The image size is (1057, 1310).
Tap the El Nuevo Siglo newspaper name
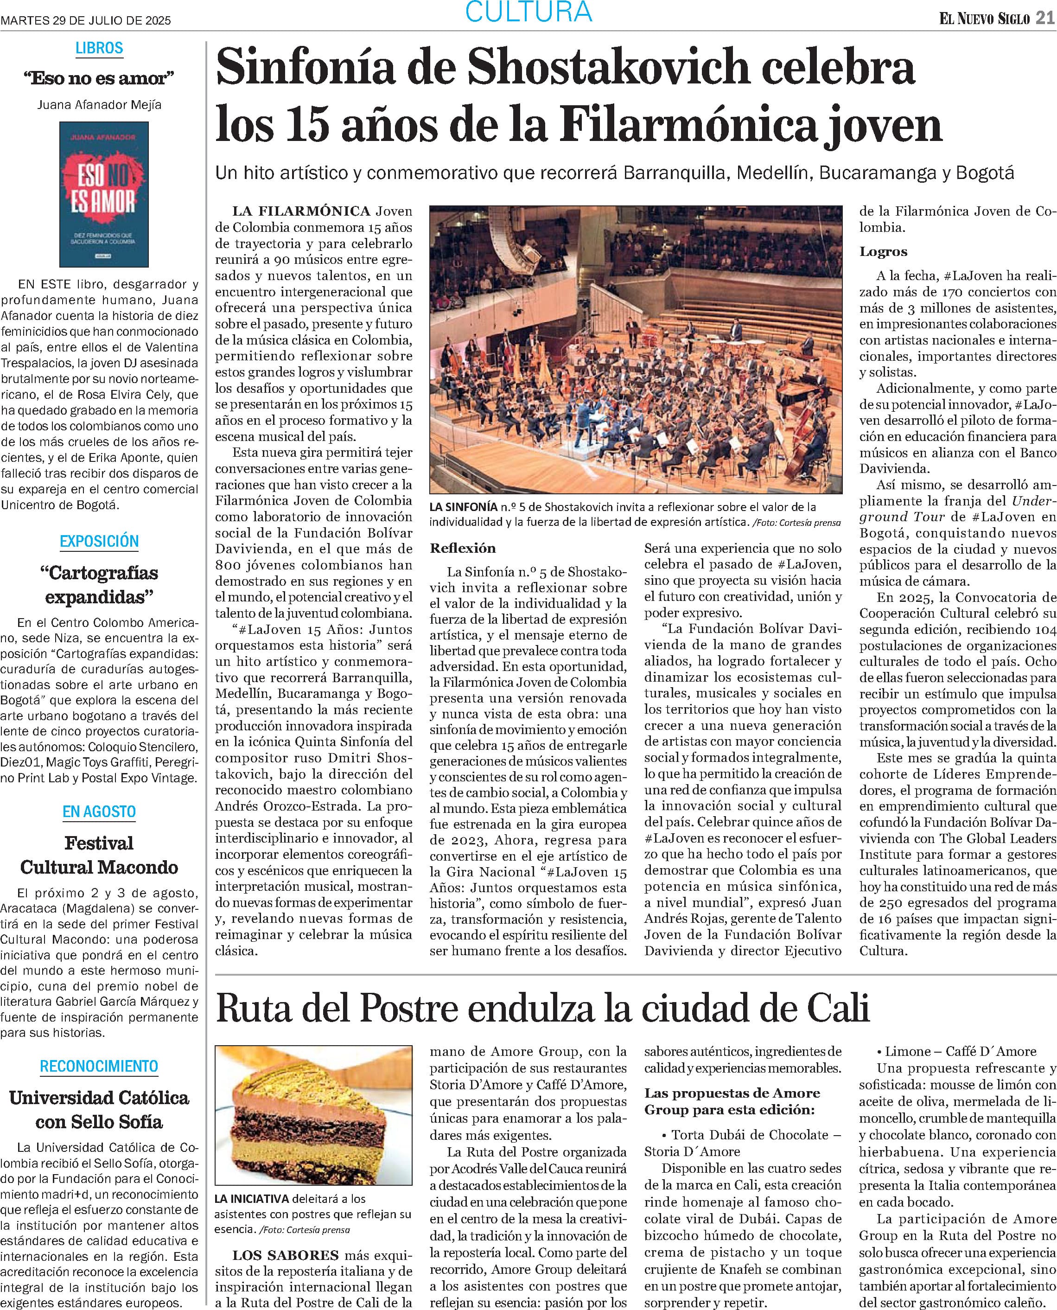click(984, 19)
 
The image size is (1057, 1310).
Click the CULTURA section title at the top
click(528, 12)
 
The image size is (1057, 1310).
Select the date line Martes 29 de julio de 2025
click(86, 20)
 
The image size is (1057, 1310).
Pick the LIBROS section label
click(99, 48)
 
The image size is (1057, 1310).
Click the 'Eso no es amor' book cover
click(103, 194)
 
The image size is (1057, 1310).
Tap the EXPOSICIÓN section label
click(99, 541)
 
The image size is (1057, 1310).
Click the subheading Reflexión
click(463, 548)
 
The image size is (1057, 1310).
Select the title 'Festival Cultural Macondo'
click(99, 855)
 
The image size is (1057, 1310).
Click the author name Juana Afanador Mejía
click(99, 104)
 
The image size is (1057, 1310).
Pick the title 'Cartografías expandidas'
click(99, 585)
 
